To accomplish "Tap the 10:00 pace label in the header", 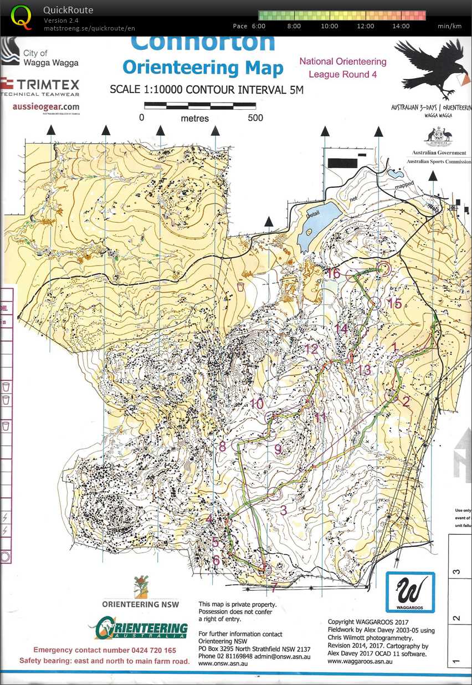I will point(329,26).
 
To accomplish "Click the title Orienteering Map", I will point(203,67).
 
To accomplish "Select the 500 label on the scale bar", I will point(255,117).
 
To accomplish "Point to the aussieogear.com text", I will point(46,106).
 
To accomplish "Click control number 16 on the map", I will point(333,273).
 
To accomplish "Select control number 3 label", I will point(283,510).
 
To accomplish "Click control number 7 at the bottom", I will point(273,586).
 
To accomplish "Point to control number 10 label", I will point(256,404).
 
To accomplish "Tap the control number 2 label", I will point(406,402).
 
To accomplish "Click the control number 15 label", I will point(394,304).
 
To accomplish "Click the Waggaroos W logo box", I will point(411,592).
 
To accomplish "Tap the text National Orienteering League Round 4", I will point(343,68).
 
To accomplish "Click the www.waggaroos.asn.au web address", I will point(361,662).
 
